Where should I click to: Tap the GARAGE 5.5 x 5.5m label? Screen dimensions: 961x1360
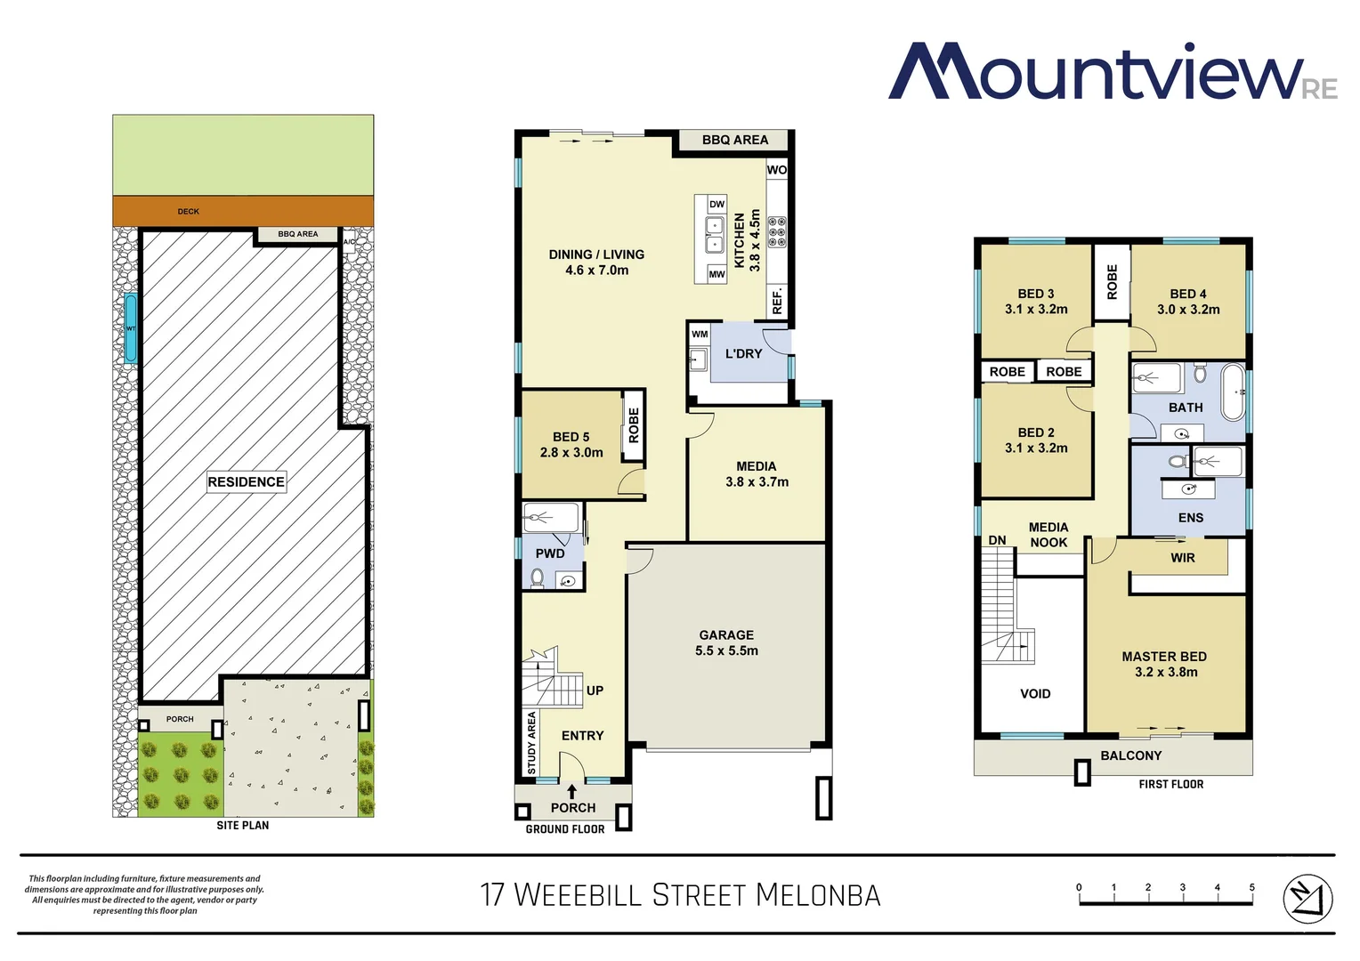[726, 642]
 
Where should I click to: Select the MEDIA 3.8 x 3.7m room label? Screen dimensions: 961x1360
[757, 474]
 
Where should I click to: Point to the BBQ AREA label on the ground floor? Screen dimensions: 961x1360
[734, 140]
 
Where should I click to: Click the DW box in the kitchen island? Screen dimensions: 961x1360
[716, 205]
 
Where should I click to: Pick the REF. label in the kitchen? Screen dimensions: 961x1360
[777, 300]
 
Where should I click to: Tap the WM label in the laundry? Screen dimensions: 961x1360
[700, 335]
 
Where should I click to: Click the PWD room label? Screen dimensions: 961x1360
[550, 553]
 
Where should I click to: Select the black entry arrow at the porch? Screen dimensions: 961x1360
[571, 791]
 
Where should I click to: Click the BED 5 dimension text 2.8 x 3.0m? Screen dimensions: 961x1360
[571, 453]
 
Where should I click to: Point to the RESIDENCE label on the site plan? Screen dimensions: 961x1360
[247, 482]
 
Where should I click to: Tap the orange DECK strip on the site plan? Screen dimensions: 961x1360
[242, 212]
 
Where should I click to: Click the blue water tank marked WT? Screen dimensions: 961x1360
[131, 328]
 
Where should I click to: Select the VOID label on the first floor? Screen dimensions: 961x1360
[1035, 694]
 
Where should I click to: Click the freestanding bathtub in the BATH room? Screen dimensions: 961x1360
[1233, 392]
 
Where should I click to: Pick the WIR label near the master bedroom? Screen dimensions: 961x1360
[1183, 558]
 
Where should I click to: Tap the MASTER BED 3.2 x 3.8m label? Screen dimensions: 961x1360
[1165, 664]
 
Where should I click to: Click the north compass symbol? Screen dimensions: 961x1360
[1307, 899]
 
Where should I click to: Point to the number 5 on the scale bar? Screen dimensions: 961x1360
[1251, 887]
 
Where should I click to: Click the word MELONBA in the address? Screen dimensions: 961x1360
[818, 895]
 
